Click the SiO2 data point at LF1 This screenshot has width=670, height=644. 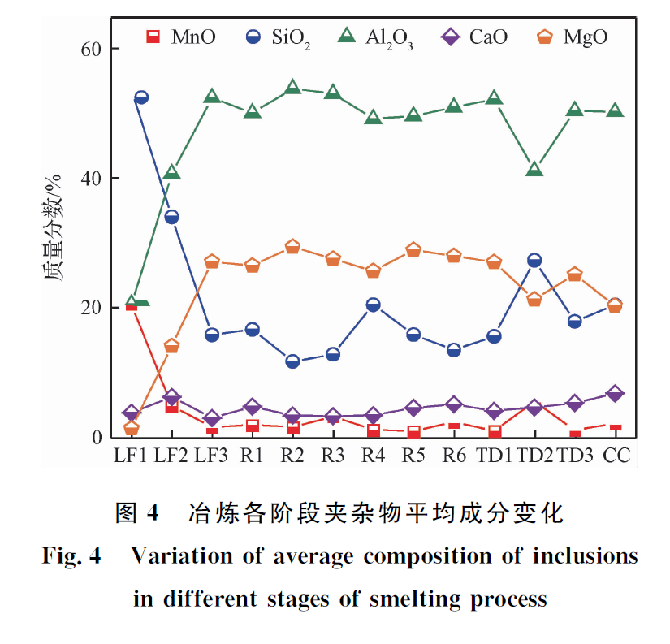coord(140,97)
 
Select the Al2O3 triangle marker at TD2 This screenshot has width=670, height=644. coord(534,169)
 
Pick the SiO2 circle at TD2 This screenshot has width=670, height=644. coord(534,261)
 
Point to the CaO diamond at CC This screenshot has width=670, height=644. coord(615,394)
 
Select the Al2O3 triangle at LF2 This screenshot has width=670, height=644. coord(171,172)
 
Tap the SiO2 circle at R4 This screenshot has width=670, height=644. coord(373,305)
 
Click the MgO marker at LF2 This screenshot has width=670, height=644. coord(171,346)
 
